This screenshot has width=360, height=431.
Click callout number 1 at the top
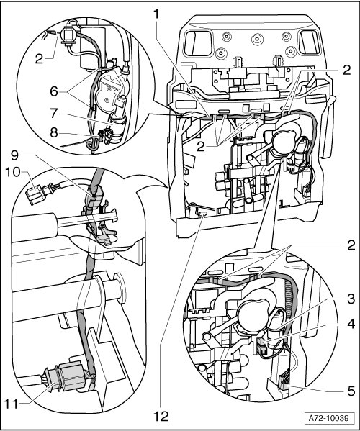click(x=156, y=14)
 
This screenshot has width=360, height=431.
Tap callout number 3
click(x=351, y=299)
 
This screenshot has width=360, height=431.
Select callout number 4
click(x=351, y=324)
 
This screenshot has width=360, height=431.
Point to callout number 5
click(x=351, y=391)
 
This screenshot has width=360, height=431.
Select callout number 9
click(x=15, y=155)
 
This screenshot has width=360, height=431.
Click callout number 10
click(x=13, y=173)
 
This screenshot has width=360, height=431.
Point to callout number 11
click(x=11, y=404)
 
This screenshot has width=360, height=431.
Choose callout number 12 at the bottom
click(x=161, y=417)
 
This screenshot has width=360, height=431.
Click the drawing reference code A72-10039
click(x=328, y=419)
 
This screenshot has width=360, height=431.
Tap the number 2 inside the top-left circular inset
click(x=39, y=59)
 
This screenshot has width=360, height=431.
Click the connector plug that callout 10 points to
click(x=35, y=194)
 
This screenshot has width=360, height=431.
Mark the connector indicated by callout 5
click(x=283, y=383)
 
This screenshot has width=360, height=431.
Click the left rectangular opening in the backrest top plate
click(x=199, y=43)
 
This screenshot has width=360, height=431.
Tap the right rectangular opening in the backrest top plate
click(x=310, y=42)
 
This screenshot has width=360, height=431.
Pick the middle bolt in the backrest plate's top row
click(x=258, y=38)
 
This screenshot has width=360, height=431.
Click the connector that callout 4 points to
click(x=261, y=346)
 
